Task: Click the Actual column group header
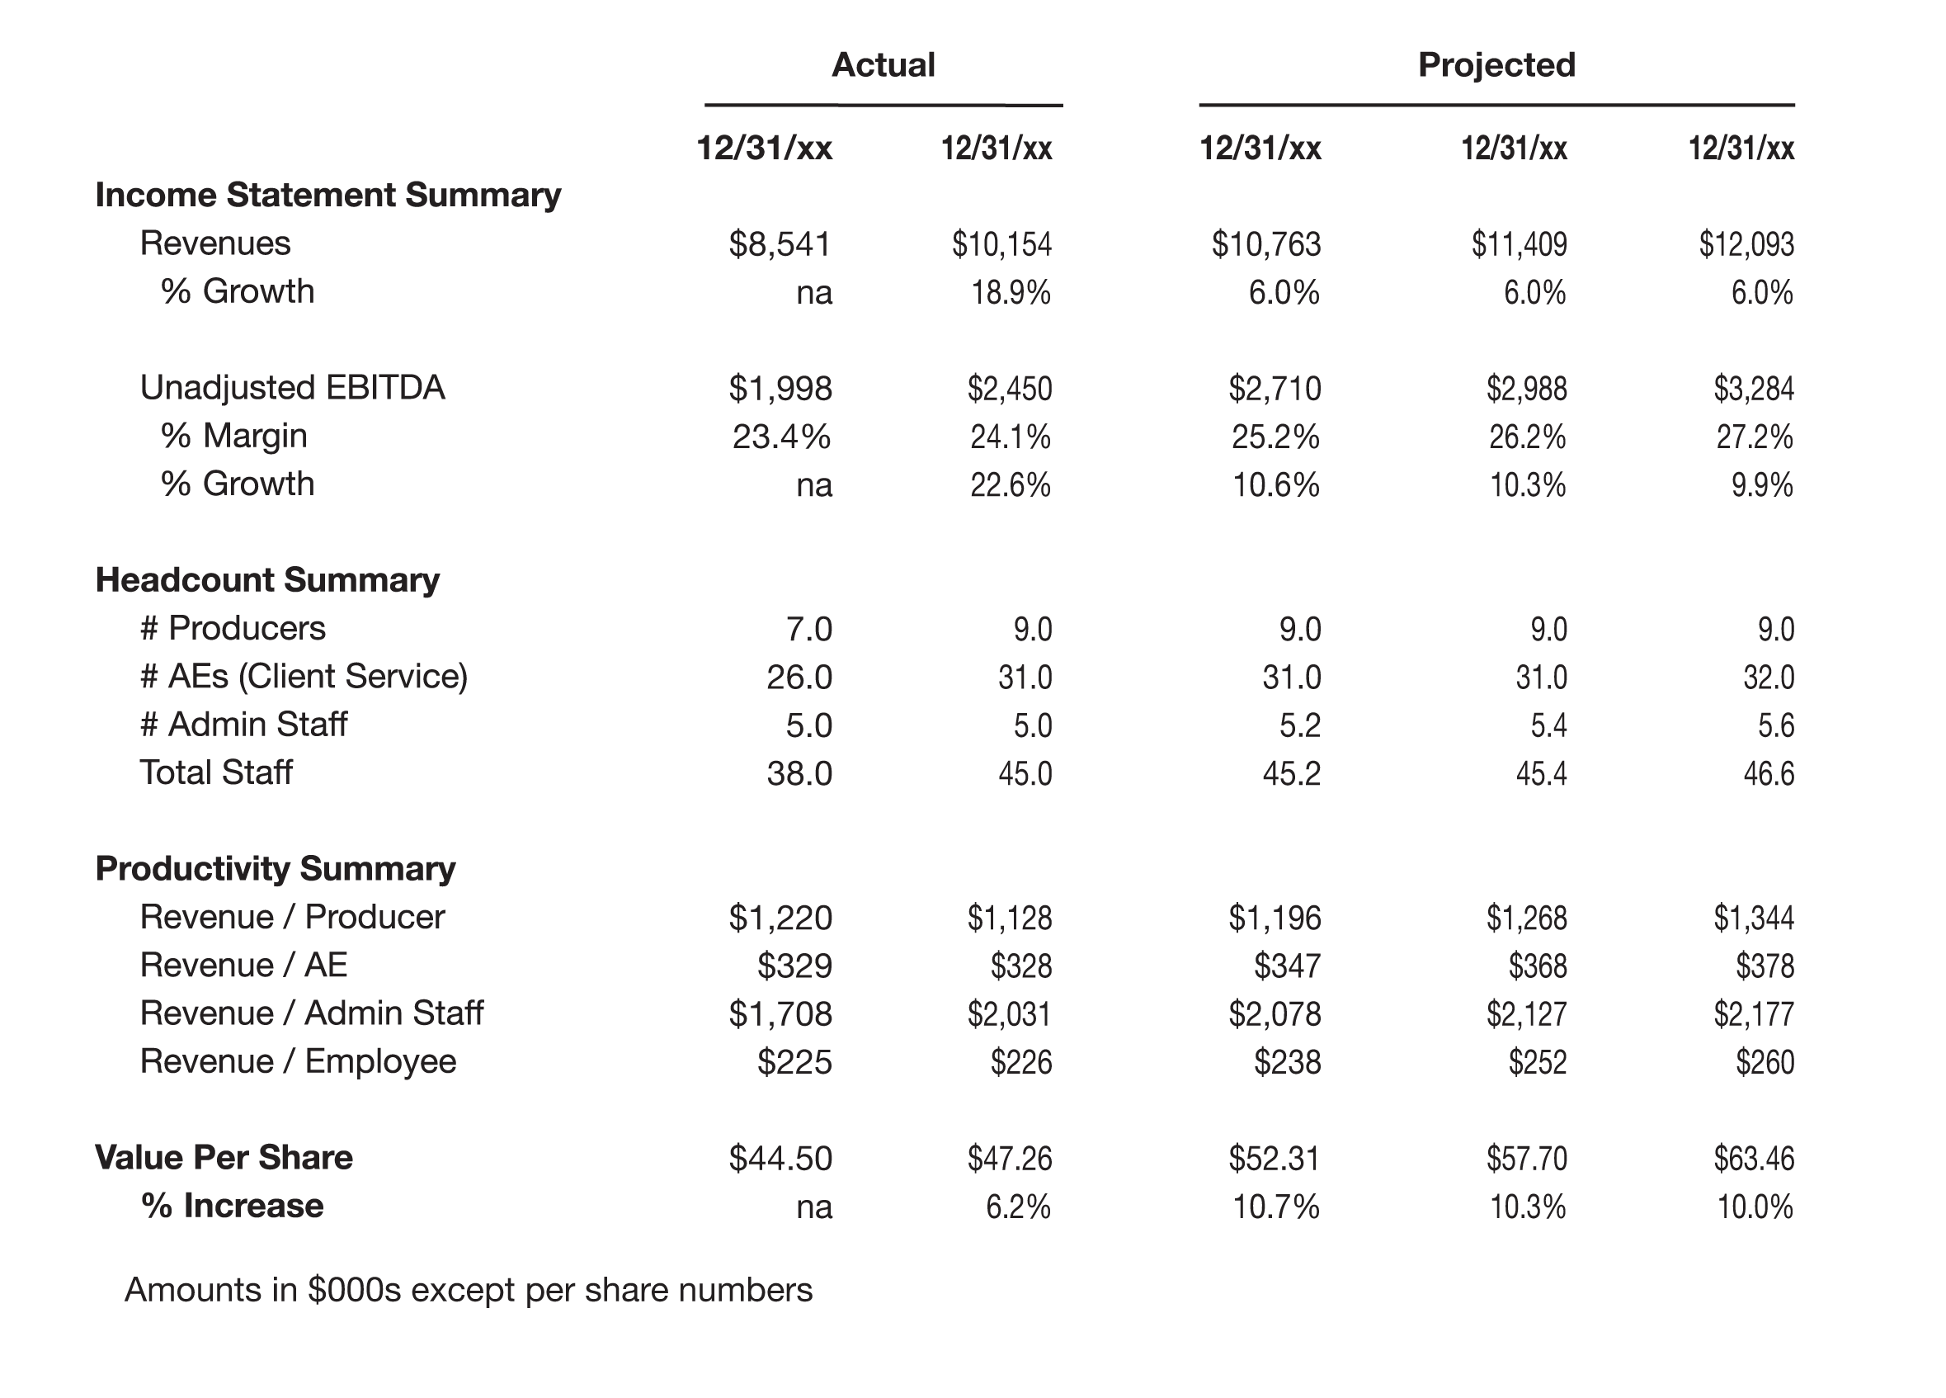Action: coord(883,65)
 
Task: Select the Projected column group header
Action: coord(1496,65)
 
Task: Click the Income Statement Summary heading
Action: coord(327,196)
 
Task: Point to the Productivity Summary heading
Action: coord(276,869)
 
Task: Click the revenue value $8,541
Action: coord(780,244)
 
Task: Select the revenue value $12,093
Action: coord(1746,244)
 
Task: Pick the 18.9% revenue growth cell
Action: coord(1011,294)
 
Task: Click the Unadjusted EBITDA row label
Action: coord(293,388)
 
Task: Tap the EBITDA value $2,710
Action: coord(1275,389)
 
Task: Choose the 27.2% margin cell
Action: coord(1755,437)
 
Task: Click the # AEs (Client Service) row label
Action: coord(304,677)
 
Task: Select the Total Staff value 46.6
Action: coord(1769,774)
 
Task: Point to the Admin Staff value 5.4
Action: coord(1548,726)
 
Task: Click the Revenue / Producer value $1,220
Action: coord(780,919)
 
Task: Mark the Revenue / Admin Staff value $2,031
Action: coord(1009,1014)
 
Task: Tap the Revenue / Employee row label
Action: coord(298,1062)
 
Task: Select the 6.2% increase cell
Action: coord(1019,1207)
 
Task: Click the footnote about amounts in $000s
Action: coord(469,1291)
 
